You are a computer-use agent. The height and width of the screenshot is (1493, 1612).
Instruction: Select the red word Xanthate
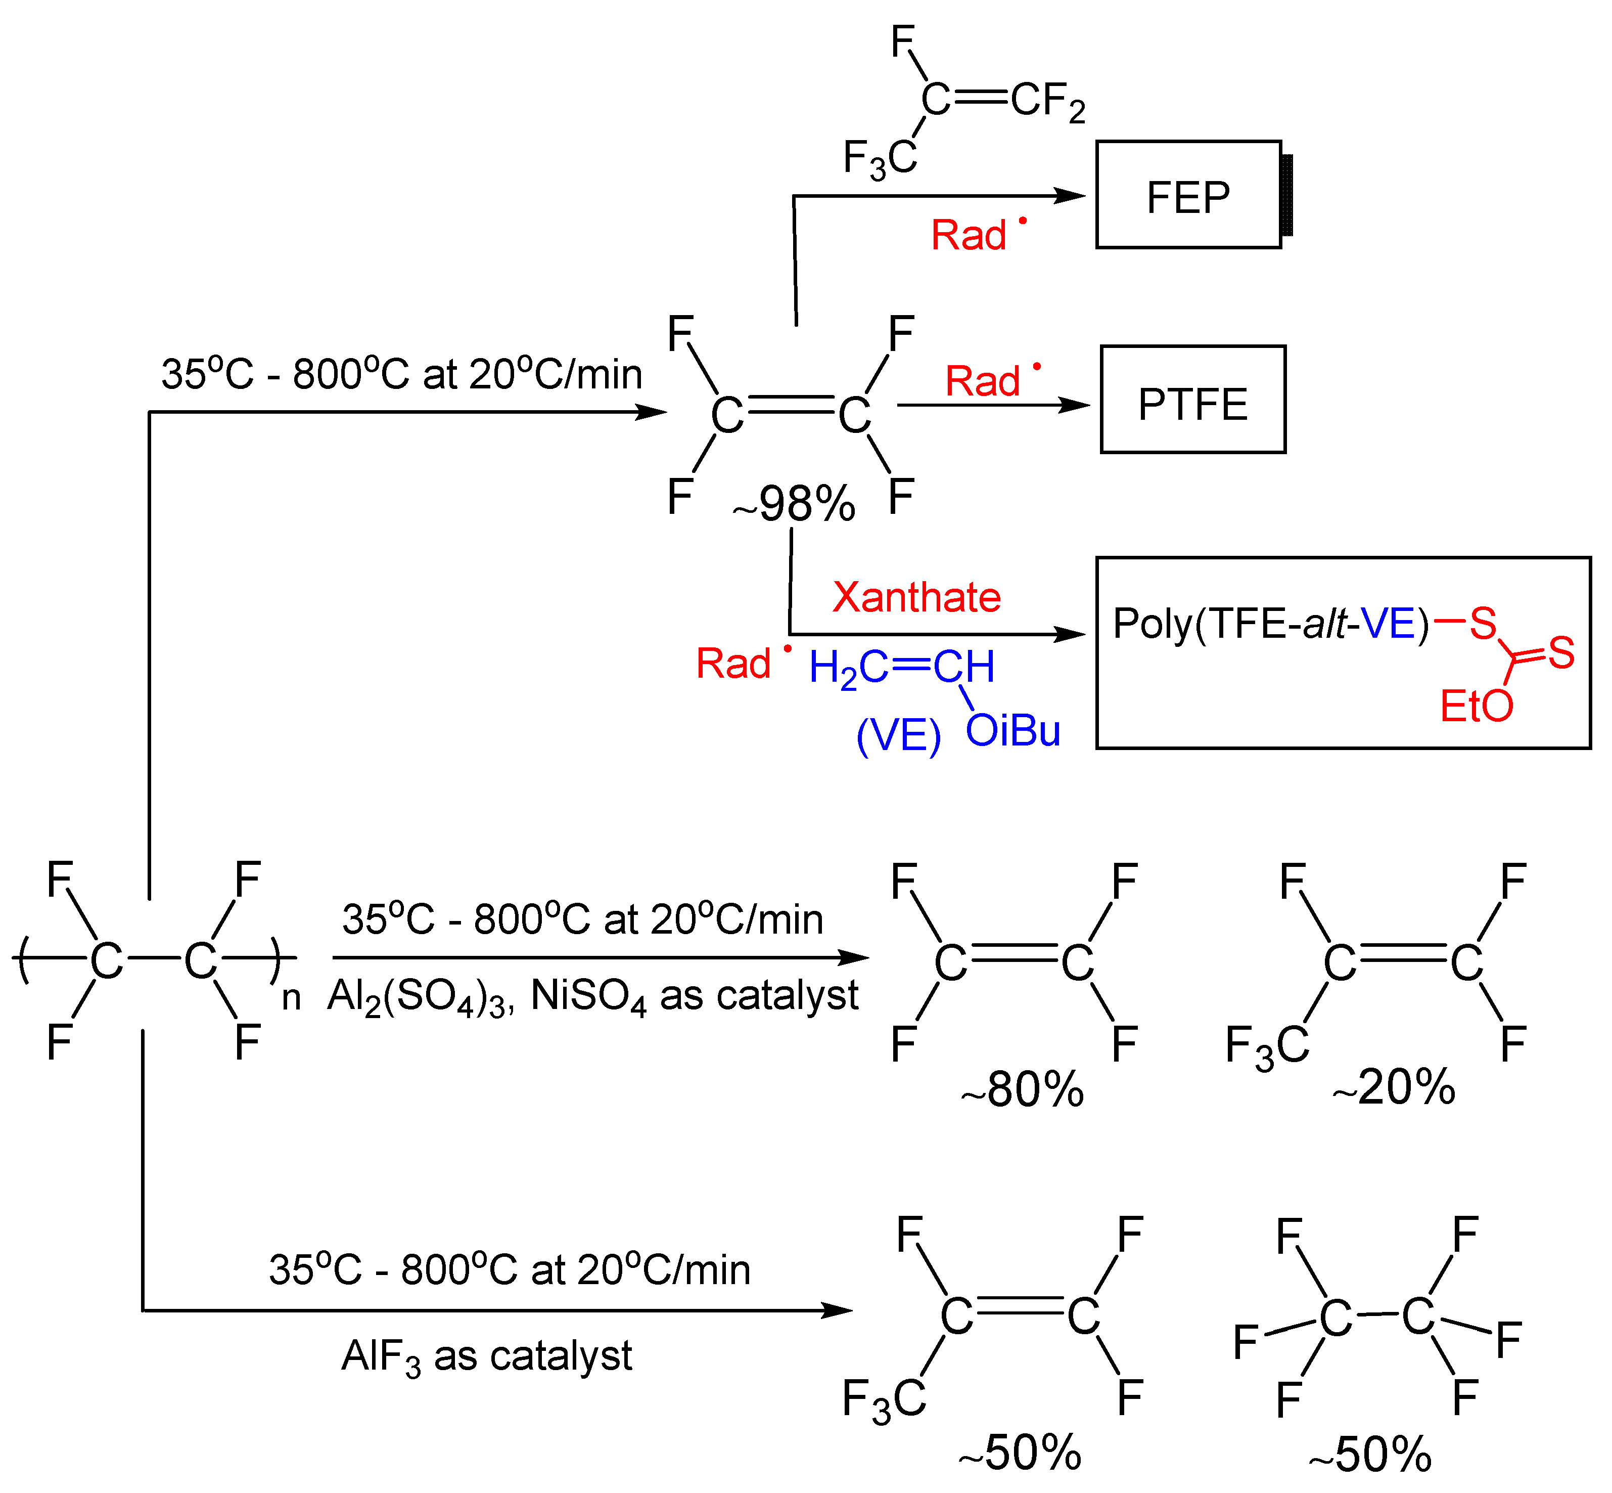(916, 598)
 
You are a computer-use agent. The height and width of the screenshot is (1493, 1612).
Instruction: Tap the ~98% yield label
(795, 504)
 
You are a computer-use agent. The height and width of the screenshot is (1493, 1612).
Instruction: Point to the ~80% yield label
(1023, 1090)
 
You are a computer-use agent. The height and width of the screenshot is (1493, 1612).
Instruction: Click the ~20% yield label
(1394, 1087)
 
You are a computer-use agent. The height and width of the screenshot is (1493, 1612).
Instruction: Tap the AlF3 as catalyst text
(486, 1355)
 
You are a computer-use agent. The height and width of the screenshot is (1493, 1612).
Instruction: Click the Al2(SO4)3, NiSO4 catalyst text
(592, 996)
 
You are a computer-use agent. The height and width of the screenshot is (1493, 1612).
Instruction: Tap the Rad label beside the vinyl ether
(733, 664)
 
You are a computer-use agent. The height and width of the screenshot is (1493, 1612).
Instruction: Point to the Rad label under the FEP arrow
(969, 236)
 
